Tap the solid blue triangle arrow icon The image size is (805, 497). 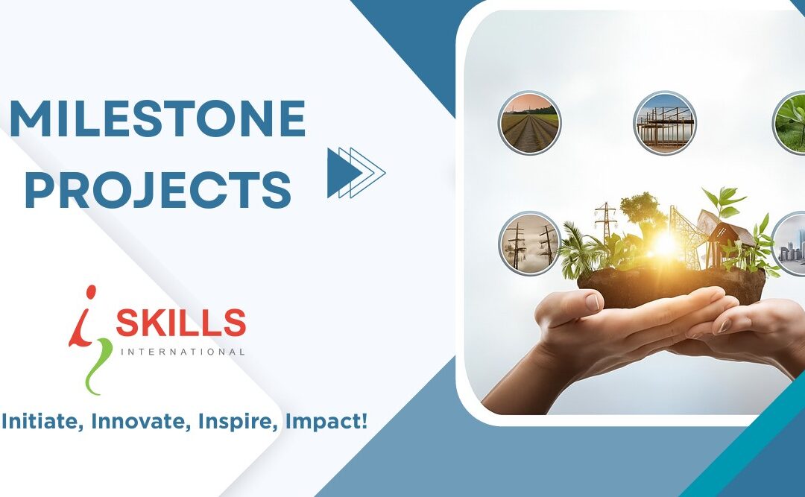339,172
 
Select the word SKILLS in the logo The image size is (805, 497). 180,323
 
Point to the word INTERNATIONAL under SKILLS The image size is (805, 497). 180,351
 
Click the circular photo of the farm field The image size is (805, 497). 529,122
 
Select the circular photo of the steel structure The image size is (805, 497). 664,122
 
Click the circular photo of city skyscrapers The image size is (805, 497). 790,244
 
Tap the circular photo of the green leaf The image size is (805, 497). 790,122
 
